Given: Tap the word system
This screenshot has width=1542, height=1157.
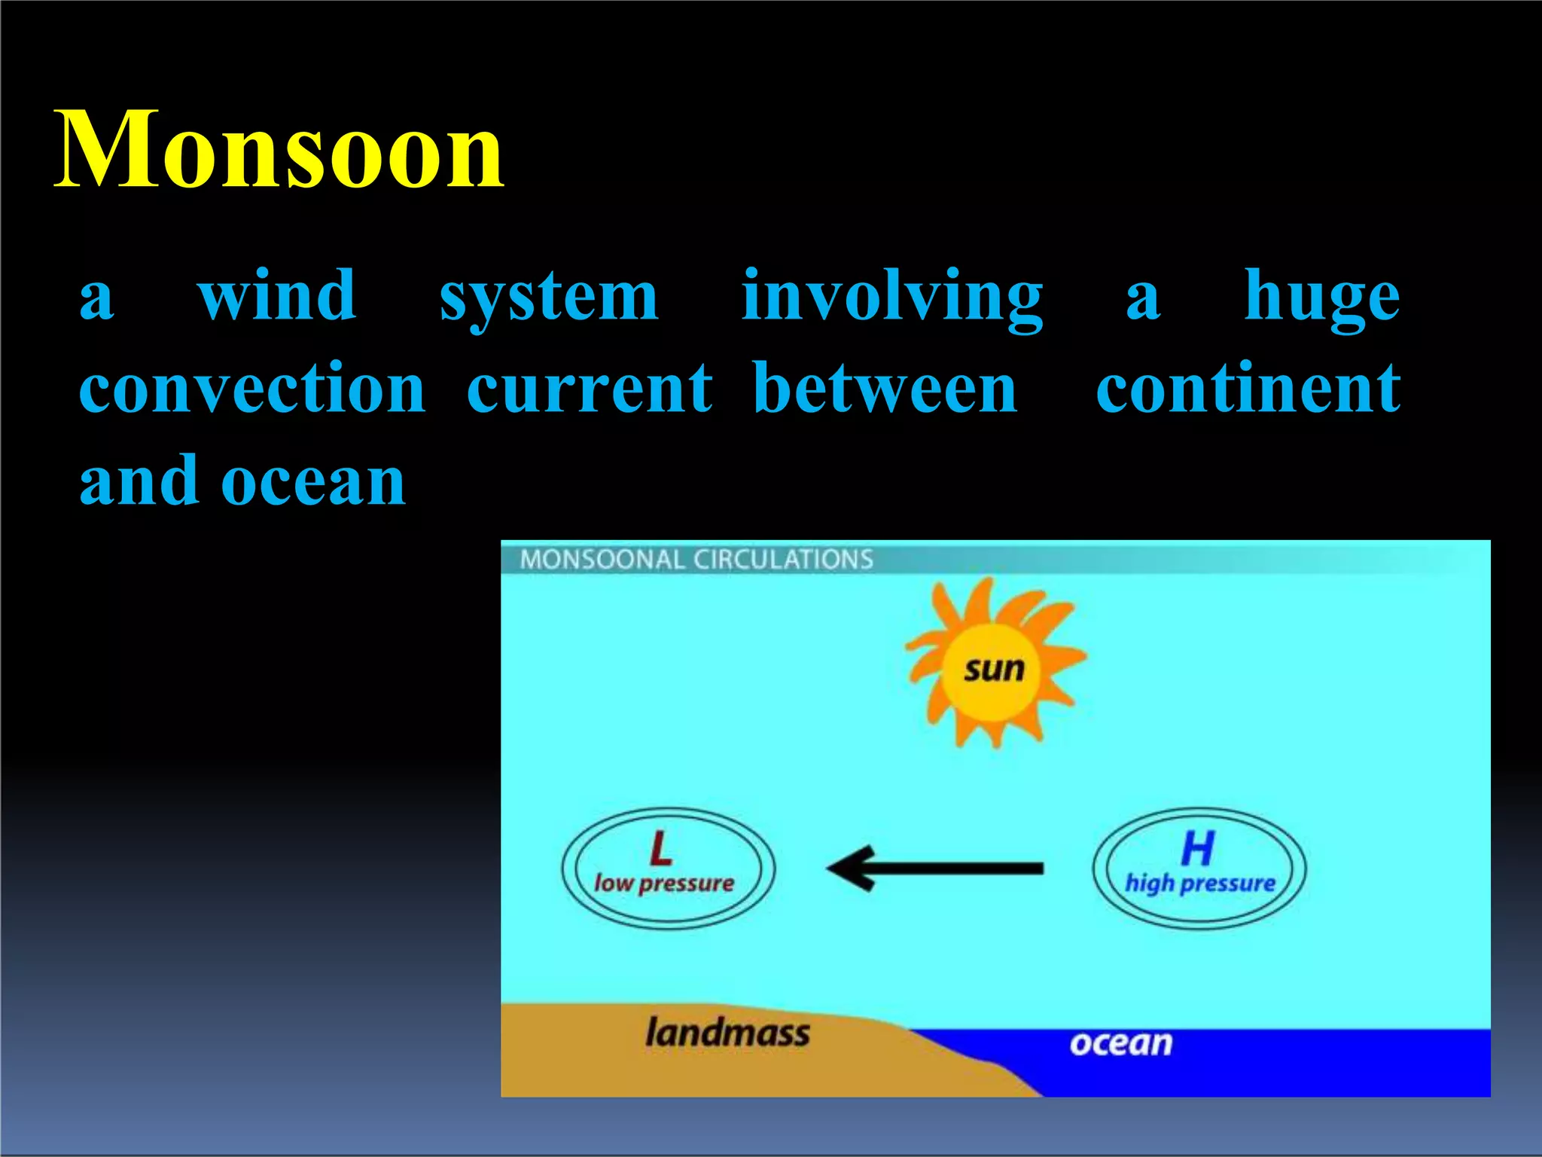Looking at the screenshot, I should pos(549,298).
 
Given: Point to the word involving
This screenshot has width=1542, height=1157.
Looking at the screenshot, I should pos(892,298).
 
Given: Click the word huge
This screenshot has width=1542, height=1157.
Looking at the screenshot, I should pos(1321,298).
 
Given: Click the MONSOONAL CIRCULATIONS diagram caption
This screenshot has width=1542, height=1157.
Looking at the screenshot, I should pos(696,560).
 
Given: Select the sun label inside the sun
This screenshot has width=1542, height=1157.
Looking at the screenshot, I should pos(994,669).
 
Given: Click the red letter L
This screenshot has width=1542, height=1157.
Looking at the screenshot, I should pos(660,849).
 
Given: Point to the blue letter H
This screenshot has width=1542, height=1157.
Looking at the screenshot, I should pos(1197,849).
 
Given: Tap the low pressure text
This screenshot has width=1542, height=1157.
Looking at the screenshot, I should pos(664,883).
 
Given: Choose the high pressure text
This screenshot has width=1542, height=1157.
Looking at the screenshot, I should pos(1200,883).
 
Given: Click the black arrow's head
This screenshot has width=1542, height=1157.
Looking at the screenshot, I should pos(851,869).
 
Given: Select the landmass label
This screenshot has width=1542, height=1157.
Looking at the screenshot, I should pos(727,1032).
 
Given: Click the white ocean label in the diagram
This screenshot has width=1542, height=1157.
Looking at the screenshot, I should pos(1121,1043).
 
